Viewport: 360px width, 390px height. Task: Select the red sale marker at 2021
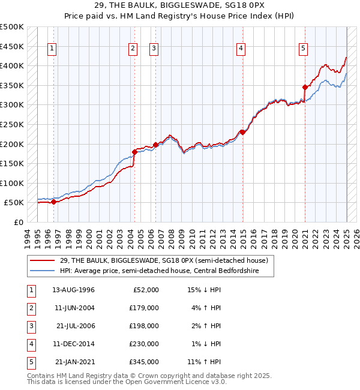click(x=305, y=87)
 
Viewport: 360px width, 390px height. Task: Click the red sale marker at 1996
click(x=53, y=202)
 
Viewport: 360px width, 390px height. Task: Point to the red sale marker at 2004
click(x=134, y=152)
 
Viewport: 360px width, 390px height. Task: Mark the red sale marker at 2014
click(x=242, y=132)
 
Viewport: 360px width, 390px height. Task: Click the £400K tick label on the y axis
click(x=12, y=65)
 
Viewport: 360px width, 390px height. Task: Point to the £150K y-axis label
click(x=12, y=163)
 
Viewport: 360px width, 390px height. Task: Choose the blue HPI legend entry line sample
click(x=42, y=271)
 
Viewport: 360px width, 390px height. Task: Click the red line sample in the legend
click(x=42, y=260)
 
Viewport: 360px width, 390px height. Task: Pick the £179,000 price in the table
click(x=145, y=308)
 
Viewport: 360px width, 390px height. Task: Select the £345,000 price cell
click(x=145, y=362)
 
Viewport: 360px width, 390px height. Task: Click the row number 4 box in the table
click(x=30, y=344)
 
